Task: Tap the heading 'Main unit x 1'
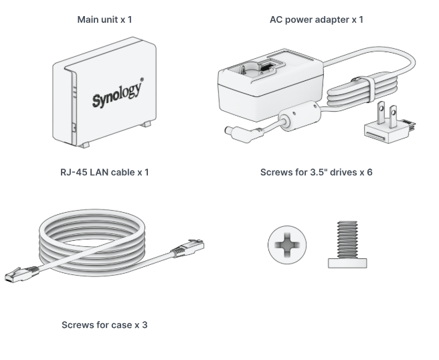pyautogui.click(x=104, y=20)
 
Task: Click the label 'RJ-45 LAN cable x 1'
pyautogui.click(x=104, y=173)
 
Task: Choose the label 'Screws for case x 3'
pyautogui.click(x=104, y=325)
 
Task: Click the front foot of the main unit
pyautogui.click(x=83, y=144)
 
